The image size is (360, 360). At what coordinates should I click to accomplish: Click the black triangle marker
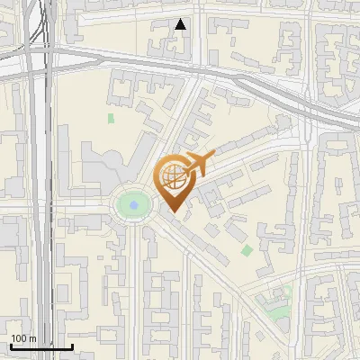pyautogui.click(x=181, y=24)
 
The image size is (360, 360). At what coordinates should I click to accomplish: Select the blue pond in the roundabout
pyautogui.click(x=134, y=206)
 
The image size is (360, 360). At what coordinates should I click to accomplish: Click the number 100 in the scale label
pyautogui.click(x=20, y=338)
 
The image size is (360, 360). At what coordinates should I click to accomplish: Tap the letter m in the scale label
pyautogui.click(x=32, y=338)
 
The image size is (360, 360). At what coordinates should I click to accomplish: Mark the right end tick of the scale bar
pyautogui.click(x=72, y=346)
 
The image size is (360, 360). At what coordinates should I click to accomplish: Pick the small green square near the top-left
pyautogui.click(x=111, y=118)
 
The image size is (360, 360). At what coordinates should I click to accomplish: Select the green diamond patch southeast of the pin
pyautogui.click(x=247, y=250)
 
